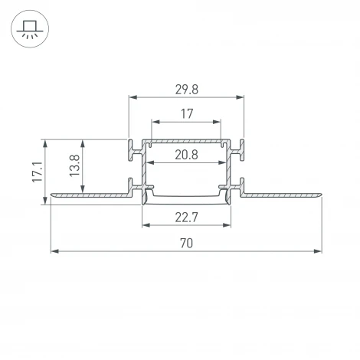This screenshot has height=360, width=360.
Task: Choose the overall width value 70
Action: coord(186,243)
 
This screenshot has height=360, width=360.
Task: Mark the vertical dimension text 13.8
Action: coord(74,166)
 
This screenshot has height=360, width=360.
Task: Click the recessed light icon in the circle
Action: coord(28,29)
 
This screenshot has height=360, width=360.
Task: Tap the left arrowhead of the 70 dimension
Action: coord(54,251)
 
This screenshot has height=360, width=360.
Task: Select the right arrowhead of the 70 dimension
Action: coord(316,251)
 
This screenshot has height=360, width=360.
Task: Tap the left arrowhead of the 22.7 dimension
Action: coord(146,226)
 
